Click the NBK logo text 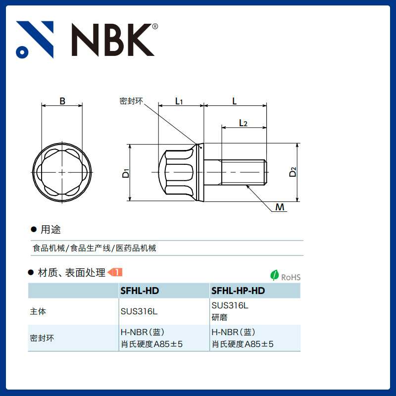113,40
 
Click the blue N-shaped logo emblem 35,40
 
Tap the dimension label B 62,101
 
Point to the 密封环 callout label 131,101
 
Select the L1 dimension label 179,101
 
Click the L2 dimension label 243,123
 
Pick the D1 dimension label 126,173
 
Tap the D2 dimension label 293,172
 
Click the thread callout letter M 280,207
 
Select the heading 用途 50,230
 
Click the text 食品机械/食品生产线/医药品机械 94,248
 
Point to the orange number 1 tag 115,272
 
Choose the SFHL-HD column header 140,291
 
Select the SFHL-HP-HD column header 238,291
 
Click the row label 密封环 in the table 42,339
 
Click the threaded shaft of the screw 243,172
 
